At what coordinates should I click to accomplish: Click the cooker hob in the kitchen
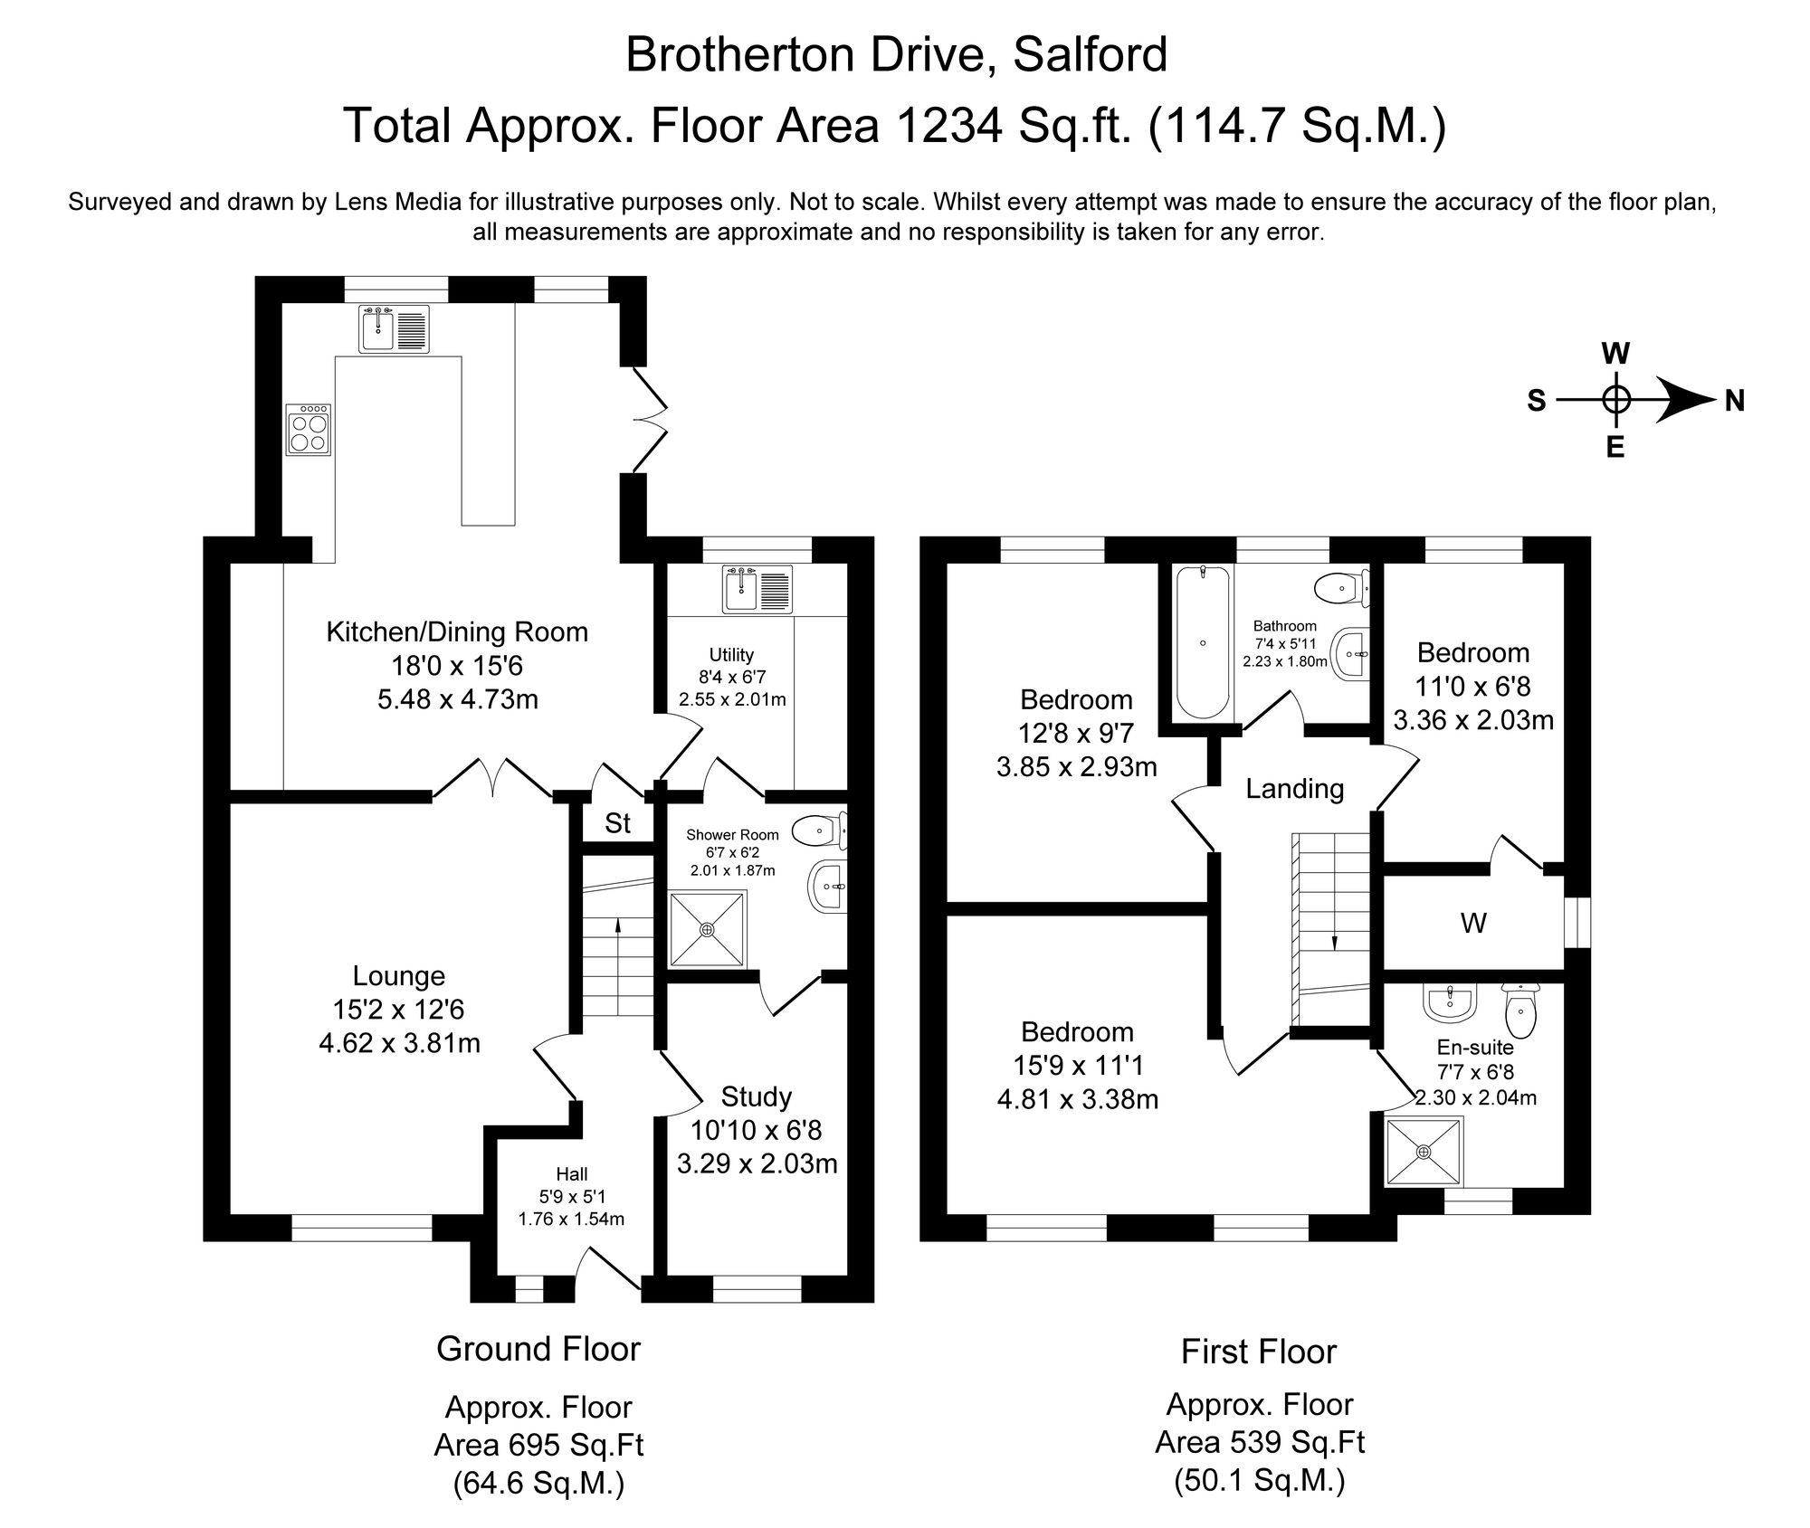(309, 430)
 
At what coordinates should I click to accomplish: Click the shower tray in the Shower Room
(708, 929)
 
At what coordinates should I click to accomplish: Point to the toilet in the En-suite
(1519, 1011)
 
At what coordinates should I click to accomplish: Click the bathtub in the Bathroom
(1202, 642)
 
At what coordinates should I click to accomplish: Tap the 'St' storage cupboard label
(617, 823)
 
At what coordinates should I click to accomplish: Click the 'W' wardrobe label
(1473, 924)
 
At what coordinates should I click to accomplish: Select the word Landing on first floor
(1294, 789)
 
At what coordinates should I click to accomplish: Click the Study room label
(756, 1097)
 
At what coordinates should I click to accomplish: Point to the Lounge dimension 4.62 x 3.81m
(399, 1043)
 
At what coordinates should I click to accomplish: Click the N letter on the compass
(1734, 400)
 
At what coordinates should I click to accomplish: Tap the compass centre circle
(1616, 399)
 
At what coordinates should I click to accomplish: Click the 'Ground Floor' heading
(538, 1349)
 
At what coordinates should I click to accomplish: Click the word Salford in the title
(1090, 54)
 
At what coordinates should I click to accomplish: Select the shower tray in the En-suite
(1424, 1152)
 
